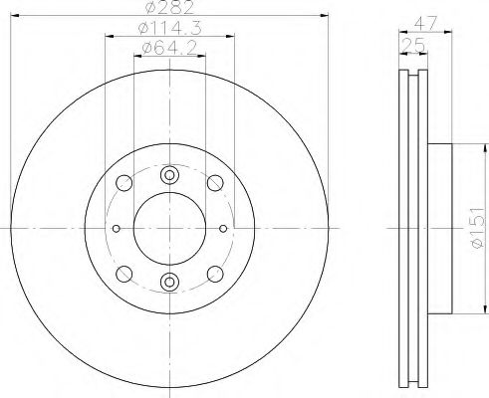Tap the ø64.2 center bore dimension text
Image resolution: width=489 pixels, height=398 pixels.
(166, 49)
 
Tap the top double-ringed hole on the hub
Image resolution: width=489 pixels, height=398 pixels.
(169, 175)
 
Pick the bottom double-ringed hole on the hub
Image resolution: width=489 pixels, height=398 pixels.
(169, 282)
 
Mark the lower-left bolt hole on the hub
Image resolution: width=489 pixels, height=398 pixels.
(123, 274)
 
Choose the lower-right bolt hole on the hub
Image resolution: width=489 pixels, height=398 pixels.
(215, 274)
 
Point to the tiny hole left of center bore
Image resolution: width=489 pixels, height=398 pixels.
(117, 228)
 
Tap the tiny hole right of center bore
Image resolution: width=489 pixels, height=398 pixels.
(222, 228)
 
